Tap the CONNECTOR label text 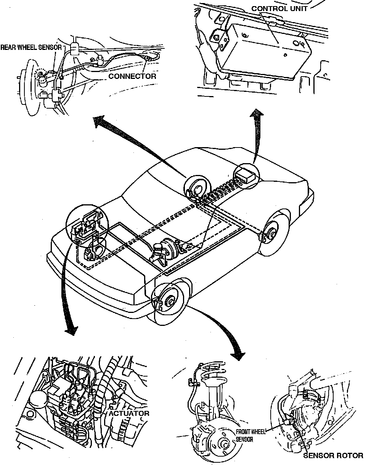(x=132, y=76)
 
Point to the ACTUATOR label (x=129, y=413)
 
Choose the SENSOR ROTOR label (x=333, y=455)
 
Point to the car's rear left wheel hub (x=197, y=189)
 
